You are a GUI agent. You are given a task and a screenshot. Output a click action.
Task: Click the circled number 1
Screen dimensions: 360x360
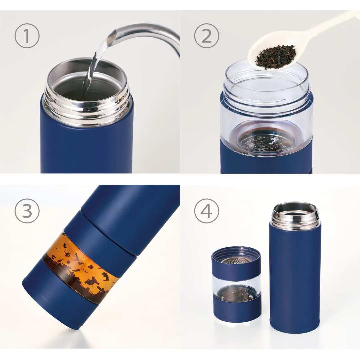pyautogui.click(x=27, y=36)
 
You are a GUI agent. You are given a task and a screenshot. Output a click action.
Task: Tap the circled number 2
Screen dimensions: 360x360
pyautogui.click(x=207, y=36)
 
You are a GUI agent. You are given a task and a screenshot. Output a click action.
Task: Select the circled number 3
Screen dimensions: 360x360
pyautogui.click(x=27, y=211)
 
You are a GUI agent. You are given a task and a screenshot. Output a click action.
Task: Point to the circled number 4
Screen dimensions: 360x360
pyautogui.click(x=207, y=211)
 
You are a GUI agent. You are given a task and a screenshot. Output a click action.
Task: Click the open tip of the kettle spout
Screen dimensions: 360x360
pyautogui.click(x=112, y=37)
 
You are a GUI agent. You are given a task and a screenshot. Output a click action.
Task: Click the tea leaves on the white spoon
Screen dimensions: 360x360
pyautogui.click(x=276, y=56)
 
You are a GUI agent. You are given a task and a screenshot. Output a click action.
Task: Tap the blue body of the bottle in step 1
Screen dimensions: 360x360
pyautogui.click(x=86, y=147)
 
